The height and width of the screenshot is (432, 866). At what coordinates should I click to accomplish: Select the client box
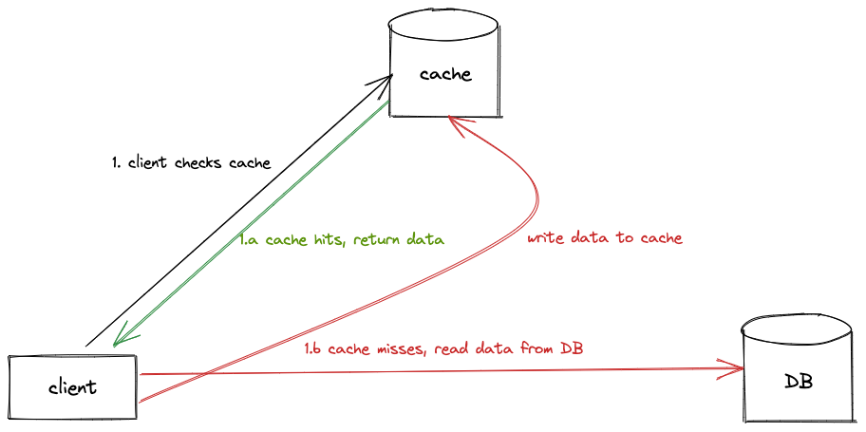pos(72,387)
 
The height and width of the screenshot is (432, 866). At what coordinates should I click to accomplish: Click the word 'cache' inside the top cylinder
pos(444,74)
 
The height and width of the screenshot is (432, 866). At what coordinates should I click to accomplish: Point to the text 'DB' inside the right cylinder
pos(799,383)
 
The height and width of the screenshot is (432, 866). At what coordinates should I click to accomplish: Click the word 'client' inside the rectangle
pos(72,387)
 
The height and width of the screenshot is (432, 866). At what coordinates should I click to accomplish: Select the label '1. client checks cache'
pos(191,163)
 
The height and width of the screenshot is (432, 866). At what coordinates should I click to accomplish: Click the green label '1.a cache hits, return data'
pos(342,240)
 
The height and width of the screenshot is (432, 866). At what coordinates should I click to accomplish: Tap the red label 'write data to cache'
pos(605,237)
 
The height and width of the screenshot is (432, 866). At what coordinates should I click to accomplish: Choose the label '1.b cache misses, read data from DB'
pos(443,348)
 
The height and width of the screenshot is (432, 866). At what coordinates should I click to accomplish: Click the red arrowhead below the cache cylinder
pos(455,121)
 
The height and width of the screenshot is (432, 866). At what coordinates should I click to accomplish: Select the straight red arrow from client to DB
pos(427,373)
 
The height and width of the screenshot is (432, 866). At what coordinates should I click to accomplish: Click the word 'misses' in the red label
pos(398,349)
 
